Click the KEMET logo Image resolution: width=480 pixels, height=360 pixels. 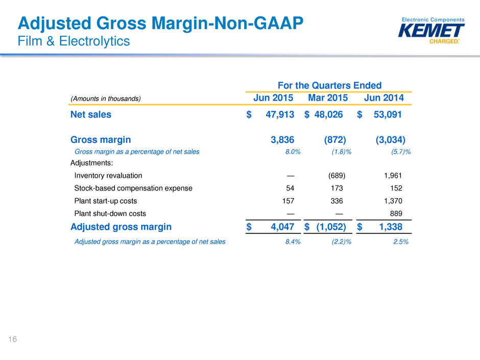point(431,31)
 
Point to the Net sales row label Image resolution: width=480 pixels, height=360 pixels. point(90,115)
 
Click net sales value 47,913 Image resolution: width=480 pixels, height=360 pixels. point(280,115)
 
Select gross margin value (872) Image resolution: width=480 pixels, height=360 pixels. point(335,139)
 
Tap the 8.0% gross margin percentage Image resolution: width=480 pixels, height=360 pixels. point(293,152)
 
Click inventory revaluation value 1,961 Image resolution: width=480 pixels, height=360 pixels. point(392,176)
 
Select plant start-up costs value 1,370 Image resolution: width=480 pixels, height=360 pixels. point(392,201)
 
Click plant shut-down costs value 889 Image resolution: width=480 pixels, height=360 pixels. point(395,213)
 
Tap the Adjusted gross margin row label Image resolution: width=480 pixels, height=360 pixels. point(121,227)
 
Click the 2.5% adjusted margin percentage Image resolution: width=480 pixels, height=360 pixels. point(400,242)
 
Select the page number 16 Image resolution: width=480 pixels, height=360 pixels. point(12,338)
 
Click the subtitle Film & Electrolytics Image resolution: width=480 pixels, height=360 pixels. point(74,41)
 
